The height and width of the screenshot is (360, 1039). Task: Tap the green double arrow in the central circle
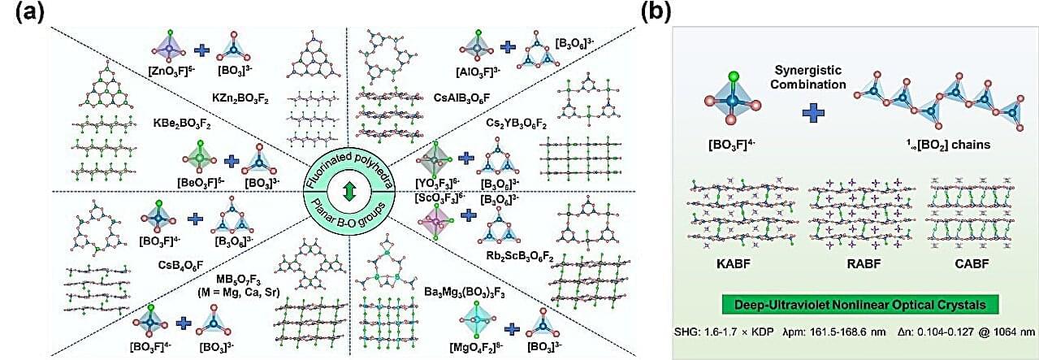click(x=348, y=192)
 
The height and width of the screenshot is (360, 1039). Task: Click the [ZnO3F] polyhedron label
click(x=172, y=72)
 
